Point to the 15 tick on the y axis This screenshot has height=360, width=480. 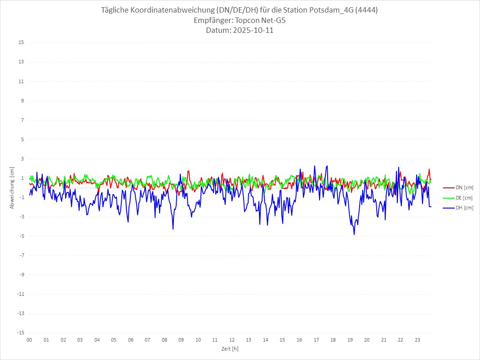[21, 43]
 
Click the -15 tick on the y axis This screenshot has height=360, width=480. [20, 333]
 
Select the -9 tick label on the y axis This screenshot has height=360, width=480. [21, 275]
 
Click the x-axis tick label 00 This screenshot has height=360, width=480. [29, 340]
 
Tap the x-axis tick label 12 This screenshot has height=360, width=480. [232, 340]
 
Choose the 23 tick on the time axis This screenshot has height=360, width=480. [418, 340]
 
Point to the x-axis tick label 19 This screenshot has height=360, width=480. [350, 340]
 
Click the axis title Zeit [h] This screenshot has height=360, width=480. [231, 348]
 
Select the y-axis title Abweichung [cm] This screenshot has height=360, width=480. [12, 188]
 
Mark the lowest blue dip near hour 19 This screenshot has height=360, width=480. [354, 235]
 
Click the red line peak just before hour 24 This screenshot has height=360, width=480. [429, 169]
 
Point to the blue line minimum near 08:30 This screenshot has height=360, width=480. [173, 229]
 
